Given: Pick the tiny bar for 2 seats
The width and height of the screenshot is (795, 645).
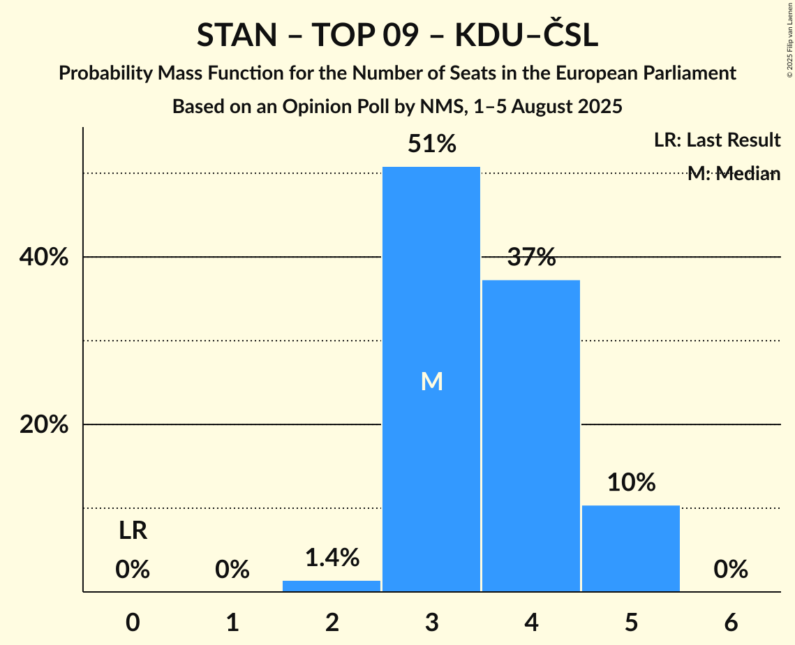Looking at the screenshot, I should pos(332,586).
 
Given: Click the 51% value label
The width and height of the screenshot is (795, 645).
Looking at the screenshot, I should pos(431,144).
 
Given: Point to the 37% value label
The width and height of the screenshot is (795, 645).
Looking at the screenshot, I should pos(531,258).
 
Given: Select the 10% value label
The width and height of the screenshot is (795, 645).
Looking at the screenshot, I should pos(631,482).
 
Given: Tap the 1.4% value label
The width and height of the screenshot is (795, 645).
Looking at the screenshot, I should pos(332,558).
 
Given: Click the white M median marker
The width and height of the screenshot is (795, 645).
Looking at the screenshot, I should pos(431,381).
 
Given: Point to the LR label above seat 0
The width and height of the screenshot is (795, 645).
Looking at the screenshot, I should pos(133,531).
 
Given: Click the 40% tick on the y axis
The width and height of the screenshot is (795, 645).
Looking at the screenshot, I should pos(44,257).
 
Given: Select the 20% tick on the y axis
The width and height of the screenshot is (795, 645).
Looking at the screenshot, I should pos(44,424).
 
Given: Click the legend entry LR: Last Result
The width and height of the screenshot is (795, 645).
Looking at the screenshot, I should pos(717,140).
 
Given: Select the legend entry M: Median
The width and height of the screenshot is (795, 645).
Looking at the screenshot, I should pos(733,174).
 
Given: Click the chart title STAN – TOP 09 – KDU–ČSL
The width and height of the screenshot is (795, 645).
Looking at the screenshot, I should pos(397,36).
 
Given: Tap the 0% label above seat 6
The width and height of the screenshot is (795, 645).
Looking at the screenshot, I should pos(731,570).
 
